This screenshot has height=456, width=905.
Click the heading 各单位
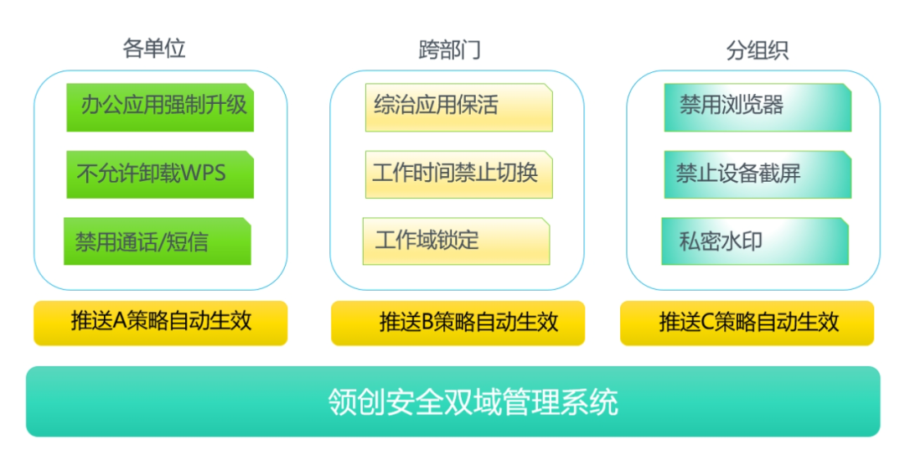click(154, 48)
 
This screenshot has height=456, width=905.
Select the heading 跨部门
click(450, 49)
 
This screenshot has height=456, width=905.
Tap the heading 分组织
click(758, 50)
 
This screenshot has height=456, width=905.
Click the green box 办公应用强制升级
click(160, 107)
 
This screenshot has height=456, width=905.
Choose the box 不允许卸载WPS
click(160, 174)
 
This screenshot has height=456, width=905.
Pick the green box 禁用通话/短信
click(157, 241)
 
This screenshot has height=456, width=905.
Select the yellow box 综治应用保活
click(459, 107)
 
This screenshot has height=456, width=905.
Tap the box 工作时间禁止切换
click(459, 174)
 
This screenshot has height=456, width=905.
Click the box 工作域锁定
click(456, 241)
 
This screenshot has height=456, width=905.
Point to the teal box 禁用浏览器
click(758, 107)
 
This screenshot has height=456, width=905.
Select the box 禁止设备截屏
click(758, 174)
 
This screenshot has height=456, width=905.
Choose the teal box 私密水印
click(755, 241)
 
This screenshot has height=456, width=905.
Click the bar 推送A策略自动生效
click(160, 324)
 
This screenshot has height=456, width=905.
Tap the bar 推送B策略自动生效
click(458, 324)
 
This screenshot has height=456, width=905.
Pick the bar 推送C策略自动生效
click(747, 324)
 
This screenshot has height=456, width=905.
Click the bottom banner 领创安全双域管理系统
click(453, 402)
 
